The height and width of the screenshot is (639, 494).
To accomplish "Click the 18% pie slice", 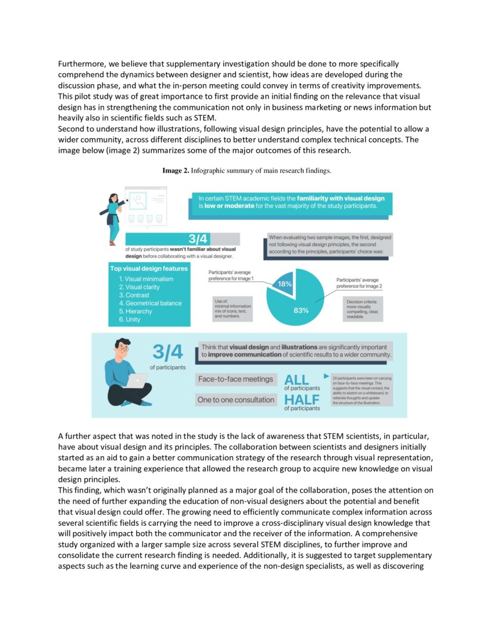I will (284, 284).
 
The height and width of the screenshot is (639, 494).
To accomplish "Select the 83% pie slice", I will (302, 305).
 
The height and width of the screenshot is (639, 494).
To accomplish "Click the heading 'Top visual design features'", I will (149, 268).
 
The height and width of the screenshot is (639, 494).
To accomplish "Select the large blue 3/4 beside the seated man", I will (168, 352).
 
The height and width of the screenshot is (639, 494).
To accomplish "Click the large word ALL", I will (296, 380).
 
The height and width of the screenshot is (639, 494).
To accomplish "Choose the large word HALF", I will (301, 400).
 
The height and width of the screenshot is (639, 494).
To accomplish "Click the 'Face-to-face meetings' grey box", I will (235, 379).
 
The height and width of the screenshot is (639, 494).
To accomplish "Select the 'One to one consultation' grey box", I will (235, 400).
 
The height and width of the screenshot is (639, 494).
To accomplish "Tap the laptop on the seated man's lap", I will (137, 380).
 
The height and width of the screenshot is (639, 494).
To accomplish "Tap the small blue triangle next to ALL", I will (325, 376).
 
